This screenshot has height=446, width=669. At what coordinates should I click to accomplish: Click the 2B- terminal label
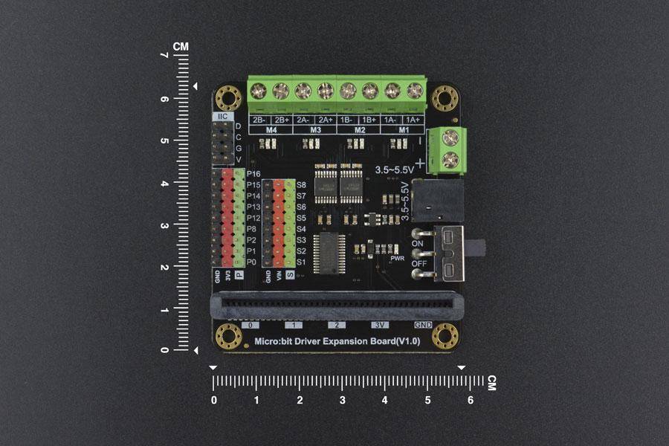pos(259,120)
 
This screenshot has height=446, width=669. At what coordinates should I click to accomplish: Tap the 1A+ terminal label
pos(413,120)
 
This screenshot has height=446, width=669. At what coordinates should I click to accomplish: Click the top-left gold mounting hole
pos(228,97)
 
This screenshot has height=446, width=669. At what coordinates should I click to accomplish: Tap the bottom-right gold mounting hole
pos(445,335)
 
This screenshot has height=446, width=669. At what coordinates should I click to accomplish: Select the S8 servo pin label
pos(301,184)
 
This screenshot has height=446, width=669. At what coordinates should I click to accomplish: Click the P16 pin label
pos(253,173)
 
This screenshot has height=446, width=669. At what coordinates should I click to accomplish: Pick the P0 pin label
pos(252,262)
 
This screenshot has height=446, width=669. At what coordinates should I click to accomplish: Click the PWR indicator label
pos(397,258)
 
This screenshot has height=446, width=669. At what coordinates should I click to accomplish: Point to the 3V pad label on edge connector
pos(380,326)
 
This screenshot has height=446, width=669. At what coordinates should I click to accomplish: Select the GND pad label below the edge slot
pos(423,326)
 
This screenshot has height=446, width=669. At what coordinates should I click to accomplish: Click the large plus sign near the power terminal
pos(420,163)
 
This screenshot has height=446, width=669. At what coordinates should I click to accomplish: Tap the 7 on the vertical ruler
pos(164,56)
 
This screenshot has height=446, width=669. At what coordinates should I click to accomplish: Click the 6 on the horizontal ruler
pos(470,400)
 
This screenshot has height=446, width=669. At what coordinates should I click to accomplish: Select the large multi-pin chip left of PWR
pos(328,251)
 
